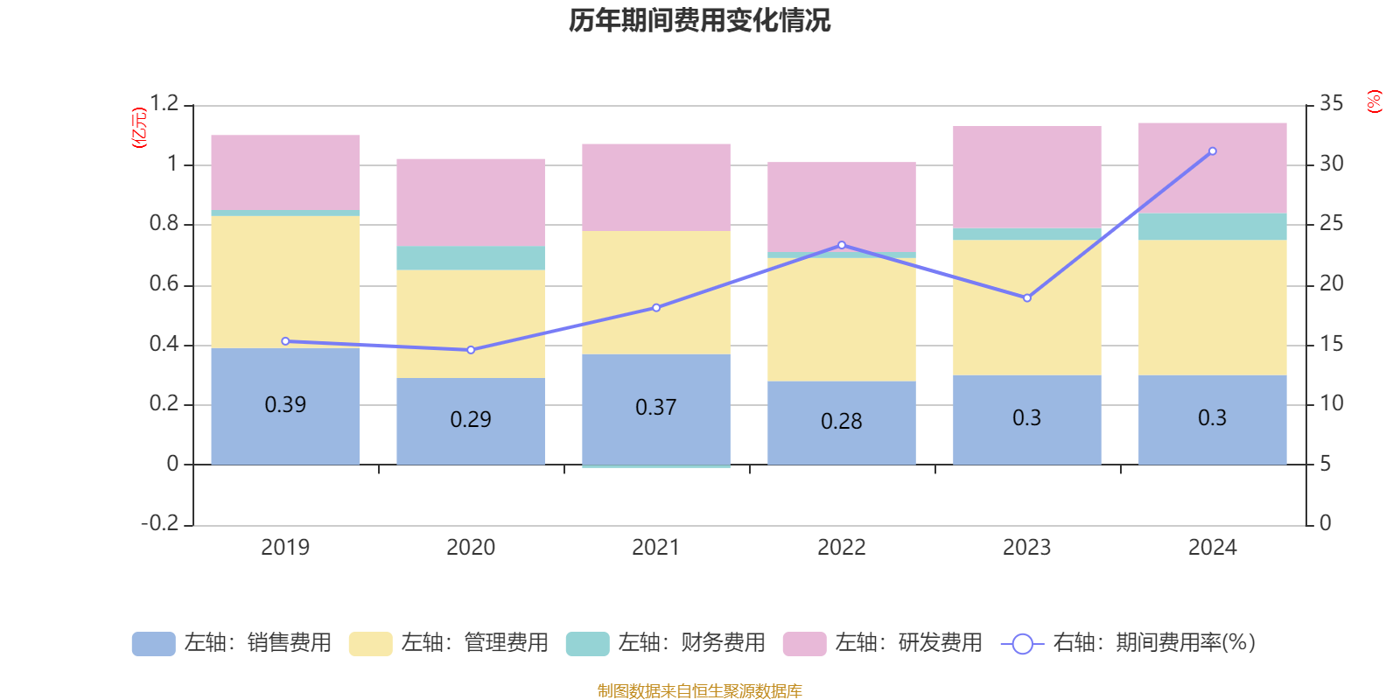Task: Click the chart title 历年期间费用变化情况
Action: pos(699,20)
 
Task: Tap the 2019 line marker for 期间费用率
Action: pos(285,341)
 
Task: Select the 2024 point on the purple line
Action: pos(1212,151)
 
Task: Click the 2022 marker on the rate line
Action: pos(842,245)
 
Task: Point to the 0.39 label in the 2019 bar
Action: pos(285,405)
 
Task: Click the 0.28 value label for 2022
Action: pos(842,422)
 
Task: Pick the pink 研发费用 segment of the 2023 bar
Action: pos(1027,177)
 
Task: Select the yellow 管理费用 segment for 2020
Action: pos(471,324)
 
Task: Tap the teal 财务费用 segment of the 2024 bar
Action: pos(1212,227)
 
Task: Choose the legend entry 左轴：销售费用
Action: pos(232,643)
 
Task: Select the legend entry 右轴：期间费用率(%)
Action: pos(1129,643)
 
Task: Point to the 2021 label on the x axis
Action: pos(656,548)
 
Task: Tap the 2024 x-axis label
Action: pos(1212,548)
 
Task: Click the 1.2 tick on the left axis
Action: pos(164,104)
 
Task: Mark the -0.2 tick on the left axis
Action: pos(160,523)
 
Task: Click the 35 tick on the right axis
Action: pos(1331,104)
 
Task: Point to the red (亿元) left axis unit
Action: pos(138,128)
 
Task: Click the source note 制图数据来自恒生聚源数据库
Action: pos(699,691)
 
